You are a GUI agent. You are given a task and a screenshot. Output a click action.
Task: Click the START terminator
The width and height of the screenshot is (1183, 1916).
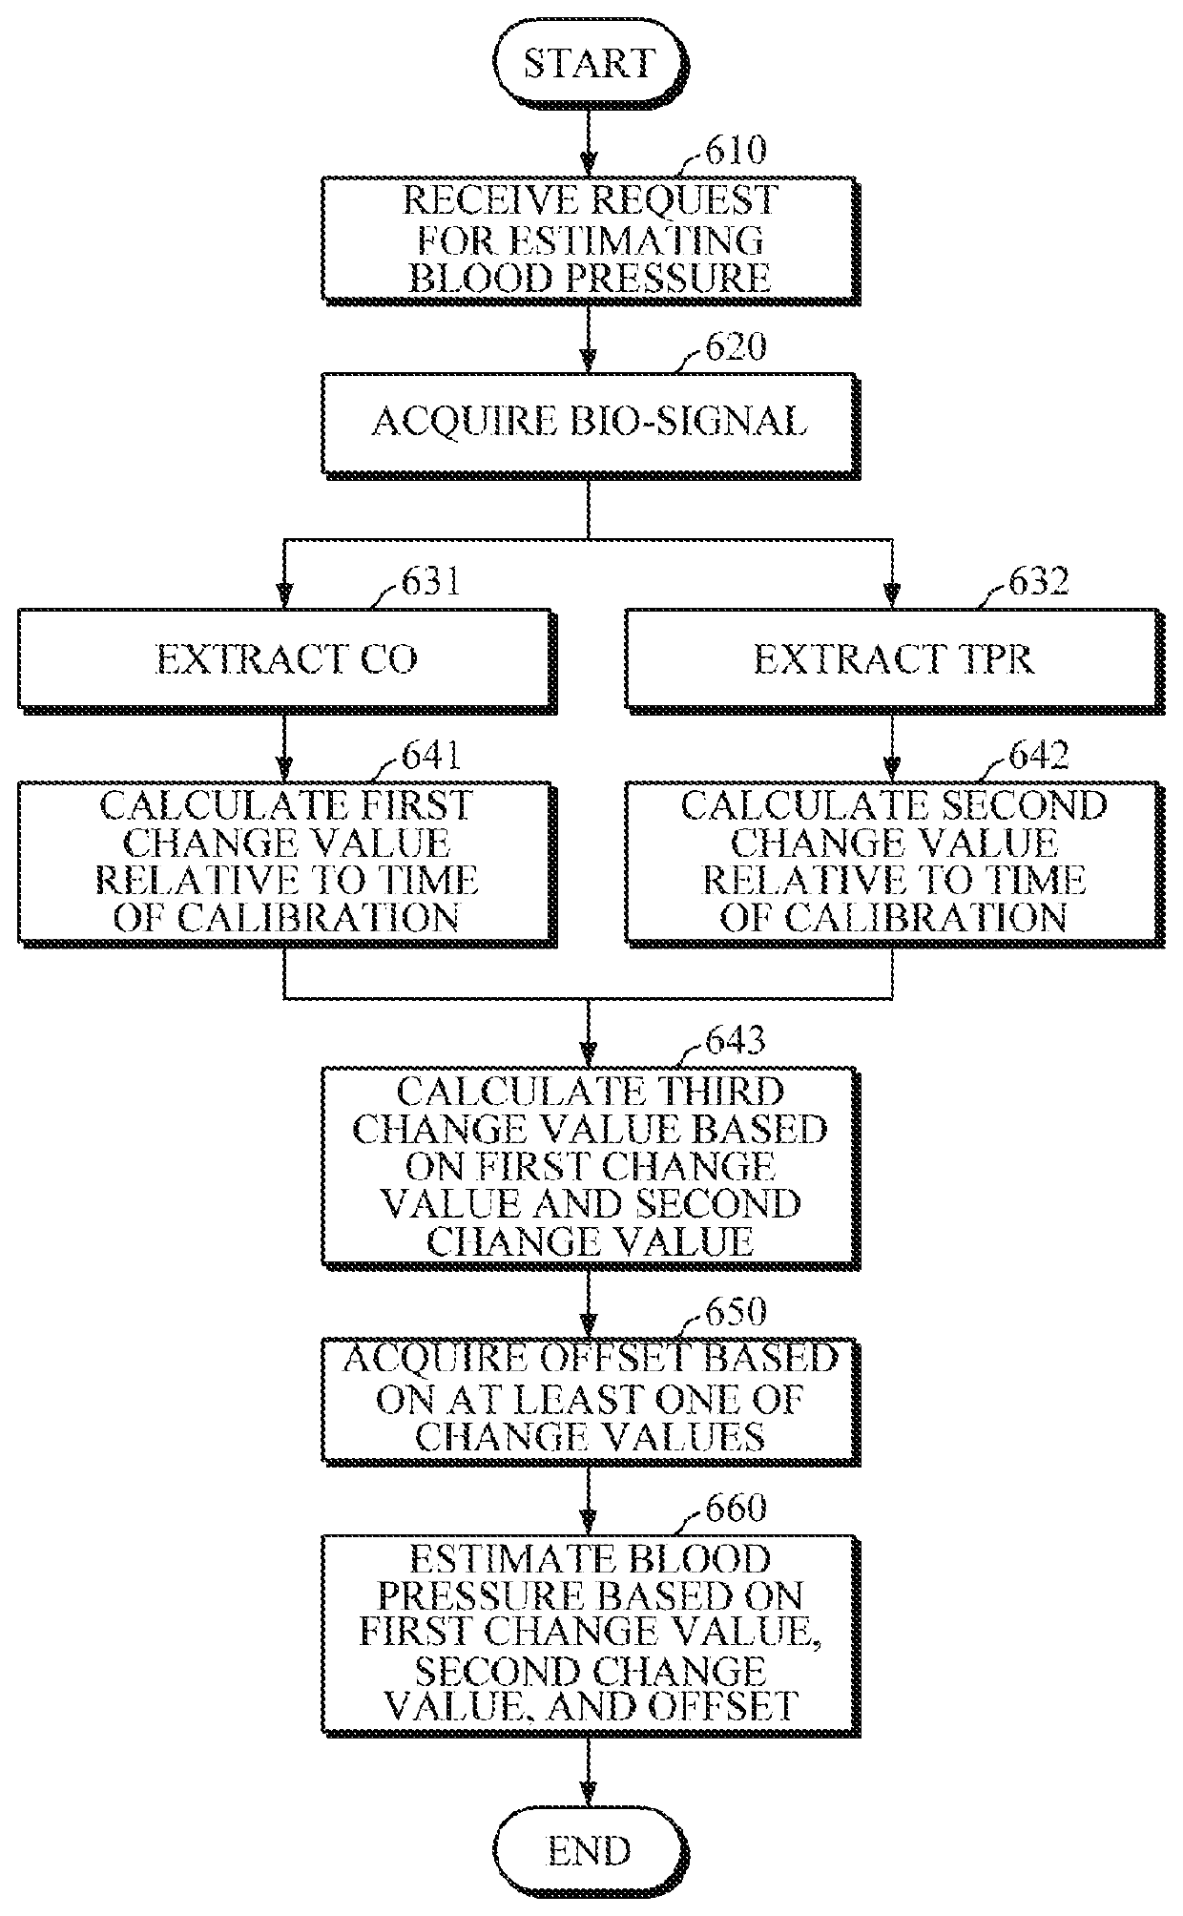[x=589, y=65]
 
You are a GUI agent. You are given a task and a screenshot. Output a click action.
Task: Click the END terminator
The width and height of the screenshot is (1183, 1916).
[x=589, y=1851]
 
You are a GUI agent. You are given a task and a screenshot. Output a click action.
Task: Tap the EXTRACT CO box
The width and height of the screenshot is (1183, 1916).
[x=286, y=659]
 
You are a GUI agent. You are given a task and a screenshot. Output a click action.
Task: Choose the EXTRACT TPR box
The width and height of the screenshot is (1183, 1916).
[x=893, y=659]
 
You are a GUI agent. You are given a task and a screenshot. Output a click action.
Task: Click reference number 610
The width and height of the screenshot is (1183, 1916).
[x=735, y=151]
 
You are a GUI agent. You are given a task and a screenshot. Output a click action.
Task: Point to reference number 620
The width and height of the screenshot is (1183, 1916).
[x=735, y=347]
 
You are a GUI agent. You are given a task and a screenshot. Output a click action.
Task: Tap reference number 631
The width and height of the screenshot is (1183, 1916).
[x=430, y=581]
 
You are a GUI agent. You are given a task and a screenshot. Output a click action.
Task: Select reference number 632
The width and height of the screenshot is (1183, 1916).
[x=1038, y=581]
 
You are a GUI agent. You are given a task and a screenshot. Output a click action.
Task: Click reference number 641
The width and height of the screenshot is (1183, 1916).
[x=430, y=756]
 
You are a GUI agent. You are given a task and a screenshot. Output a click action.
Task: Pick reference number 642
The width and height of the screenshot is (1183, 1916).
[x=1038, y=756]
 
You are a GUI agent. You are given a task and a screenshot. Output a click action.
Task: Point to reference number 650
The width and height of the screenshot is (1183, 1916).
[x=735, y=1312]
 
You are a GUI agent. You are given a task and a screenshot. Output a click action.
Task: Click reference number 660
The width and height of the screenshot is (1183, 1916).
[x=735, y=1508]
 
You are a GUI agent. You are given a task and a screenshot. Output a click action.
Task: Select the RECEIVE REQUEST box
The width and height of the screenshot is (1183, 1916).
[x=589, y=239]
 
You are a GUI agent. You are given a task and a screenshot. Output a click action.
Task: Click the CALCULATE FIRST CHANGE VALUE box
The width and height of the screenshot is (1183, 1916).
[x=286, y=861]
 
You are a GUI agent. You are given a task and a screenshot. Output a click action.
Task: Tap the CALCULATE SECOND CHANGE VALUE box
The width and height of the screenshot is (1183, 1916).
[x=893, y=861]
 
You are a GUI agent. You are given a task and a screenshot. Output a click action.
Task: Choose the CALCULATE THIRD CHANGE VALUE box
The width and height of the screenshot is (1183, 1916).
[x=589, y=1166]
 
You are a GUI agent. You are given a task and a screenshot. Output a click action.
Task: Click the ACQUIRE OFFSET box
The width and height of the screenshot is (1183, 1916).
[x=589, y=1399]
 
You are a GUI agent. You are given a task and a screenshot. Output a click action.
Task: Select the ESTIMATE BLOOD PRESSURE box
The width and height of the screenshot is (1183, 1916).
[x=589, y=1632]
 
